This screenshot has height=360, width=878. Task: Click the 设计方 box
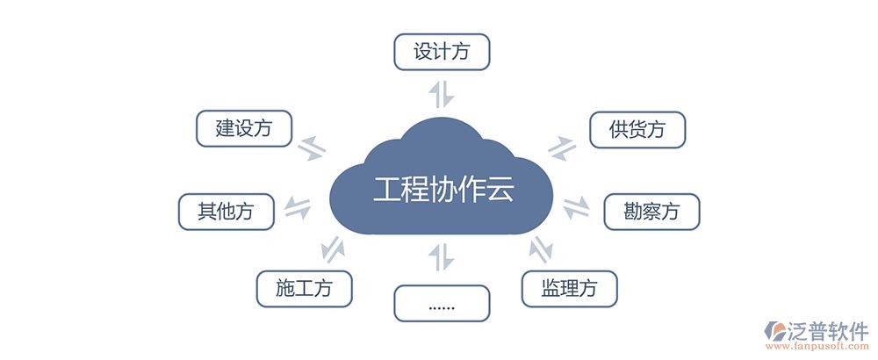click(x=440, y=52)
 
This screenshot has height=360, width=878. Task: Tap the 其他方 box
click(x=225, y=211)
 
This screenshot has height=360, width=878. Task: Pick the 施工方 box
click(x=304, y=287)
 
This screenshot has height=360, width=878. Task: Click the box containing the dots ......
click(x=440, y=303)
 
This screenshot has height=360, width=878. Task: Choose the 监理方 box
click(x=569, y=287)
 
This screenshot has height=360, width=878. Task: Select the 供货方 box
click(x=637, y=130)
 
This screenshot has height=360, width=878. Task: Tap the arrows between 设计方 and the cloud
click(x=440, y=93)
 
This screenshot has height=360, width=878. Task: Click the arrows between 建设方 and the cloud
click(x=313, y=148)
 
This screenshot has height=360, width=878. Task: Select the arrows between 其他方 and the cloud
click(x=299, y=209)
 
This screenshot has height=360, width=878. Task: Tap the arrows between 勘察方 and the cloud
click(x=577, y=208)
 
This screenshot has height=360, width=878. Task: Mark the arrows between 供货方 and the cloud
click(x=561, y=148)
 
